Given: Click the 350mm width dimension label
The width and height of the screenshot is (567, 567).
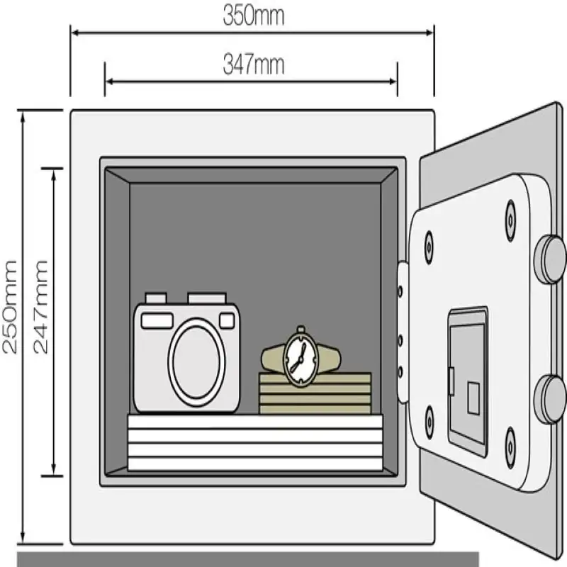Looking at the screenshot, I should (x=253, y=16).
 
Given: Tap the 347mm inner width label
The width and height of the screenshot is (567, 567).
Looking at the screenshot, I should (x=253, y=65).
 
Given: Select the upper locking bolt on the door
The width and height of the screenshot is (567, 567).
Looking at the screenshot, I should (x=549, y=259).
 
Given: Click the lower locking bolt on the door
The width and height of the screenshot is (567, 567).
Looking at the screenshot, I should (x=549, y=399).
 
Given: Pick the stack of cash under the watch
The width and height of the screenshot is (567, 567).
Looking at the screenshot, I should (x=315, y=393).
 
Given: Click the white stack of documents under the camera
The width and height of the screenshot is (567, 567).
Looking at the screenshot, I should (x=254, y=443).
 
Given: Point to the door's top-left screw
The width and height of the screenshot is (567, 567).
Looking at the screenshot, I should (x=428, y=247).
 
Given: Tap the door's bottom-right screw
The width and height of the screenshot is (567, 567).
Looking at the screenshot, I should (x=510, y=447).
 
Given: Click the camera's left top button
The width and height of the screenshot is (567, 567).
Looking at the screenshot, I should (x=155, y=298).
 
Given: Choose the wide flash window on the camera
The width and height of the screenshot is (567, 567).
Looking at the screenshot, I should (x=157, y=320).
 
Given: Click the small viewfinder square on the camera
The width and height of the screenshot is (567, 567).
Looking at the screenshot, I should (x=227, y=320).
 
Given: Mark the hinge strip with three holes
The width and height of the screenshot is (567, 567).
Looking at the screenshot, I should (x=402, y=332).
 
